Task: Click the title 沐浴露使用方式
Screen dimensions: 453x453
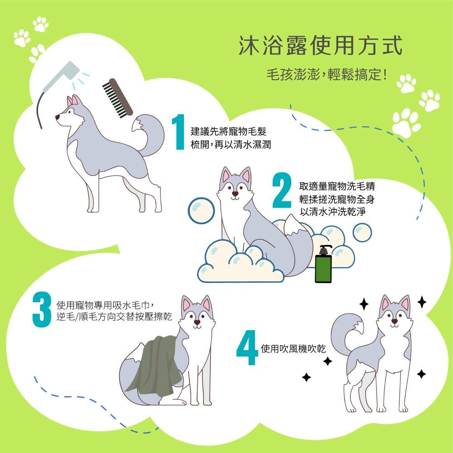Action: (x=320, y=46)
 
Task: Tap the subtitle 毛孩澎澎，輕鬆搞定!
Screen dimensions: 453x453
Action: (x=327, y=75)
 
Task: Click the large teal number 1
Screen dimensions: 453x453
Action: (x=178, y=132)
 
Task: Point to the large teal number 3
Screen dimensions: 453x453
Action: (x=42, y=309)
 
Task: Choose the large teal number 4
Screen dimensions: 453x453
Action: (x=247, y=347)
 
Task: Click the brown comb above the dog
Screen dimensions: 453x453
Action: (x=118, y=98)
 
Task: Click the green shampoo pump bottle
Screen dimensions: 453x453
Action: (x=323, y=264)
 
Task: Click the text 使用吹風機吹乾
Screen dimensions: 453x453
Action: (x=293, y=349)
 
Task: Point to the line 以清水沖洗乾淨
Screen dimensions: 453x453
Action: (x=333, y=212)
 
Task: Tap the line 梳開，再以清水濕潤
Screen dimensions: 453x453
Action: (x=231, y=144)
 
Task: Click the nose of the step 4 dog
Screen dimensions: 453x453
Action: (x=395, y=321)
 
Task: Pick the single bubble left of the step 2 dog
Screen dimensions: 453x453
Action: (x=201, y=211)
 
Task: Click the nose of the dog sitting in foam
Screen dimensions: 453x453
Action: (x=235, y=194)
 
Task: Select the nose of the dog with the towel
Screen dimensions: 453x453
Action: (x=197, y=322)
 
